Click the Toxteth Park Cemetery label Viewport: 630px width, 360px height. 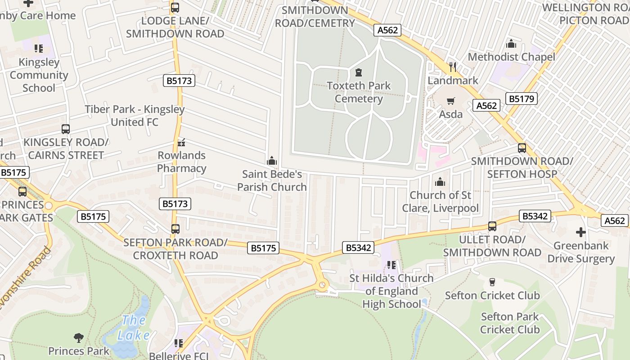point(359,92)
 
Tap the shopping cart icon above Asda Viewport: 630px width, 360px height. point(450,101)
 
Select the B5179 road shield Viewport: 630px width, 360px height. point(522,99)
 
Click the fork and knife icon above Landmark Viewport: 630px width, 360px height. point(453,67)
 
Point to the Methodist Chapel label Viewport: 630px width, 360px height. point(511,57)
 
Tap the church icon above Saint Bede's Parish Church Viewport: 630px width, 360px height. point(272,161)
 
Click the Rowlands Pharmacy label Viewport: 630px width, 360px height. point(182,162)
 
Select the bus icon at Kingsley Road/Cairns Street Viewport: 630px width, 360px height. point(66,129)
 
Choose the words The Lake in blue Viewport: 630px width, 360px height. point(134,328)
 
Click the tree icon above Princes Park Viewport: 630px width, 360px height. point(79,337)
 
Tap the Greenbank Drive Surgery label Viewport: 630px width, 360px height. point(581,252)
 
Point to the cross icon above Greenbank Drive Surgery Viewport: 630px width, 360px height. point(581,232)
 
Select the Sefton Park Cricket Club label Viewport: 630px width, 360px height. point(509,323)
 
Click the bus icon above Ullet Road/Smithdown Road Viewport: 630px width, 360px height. point(492,226)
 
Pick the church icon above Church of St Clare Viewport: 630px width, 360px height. point(440,182)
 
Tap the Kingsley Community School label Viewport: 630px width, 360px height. point(39,75)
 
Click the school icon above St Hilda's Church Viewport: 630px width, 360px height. point(391,265)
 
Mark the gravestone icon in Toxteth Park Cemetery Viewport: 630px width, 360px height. point(359,72)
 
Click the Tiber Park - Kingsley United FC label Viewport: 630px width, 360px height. point(135,116)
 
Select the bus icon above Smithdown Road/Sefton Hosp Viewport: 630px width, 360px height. point(522,148)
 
